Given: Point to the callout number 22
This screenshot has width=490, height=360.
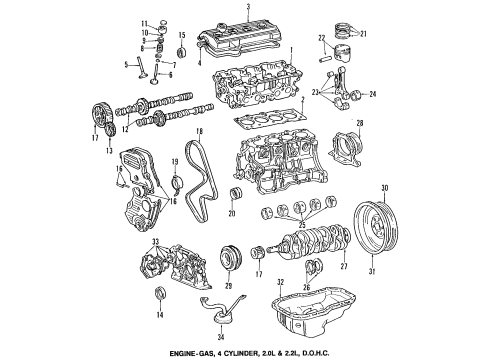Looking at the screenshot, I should [x=322, y=39].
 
